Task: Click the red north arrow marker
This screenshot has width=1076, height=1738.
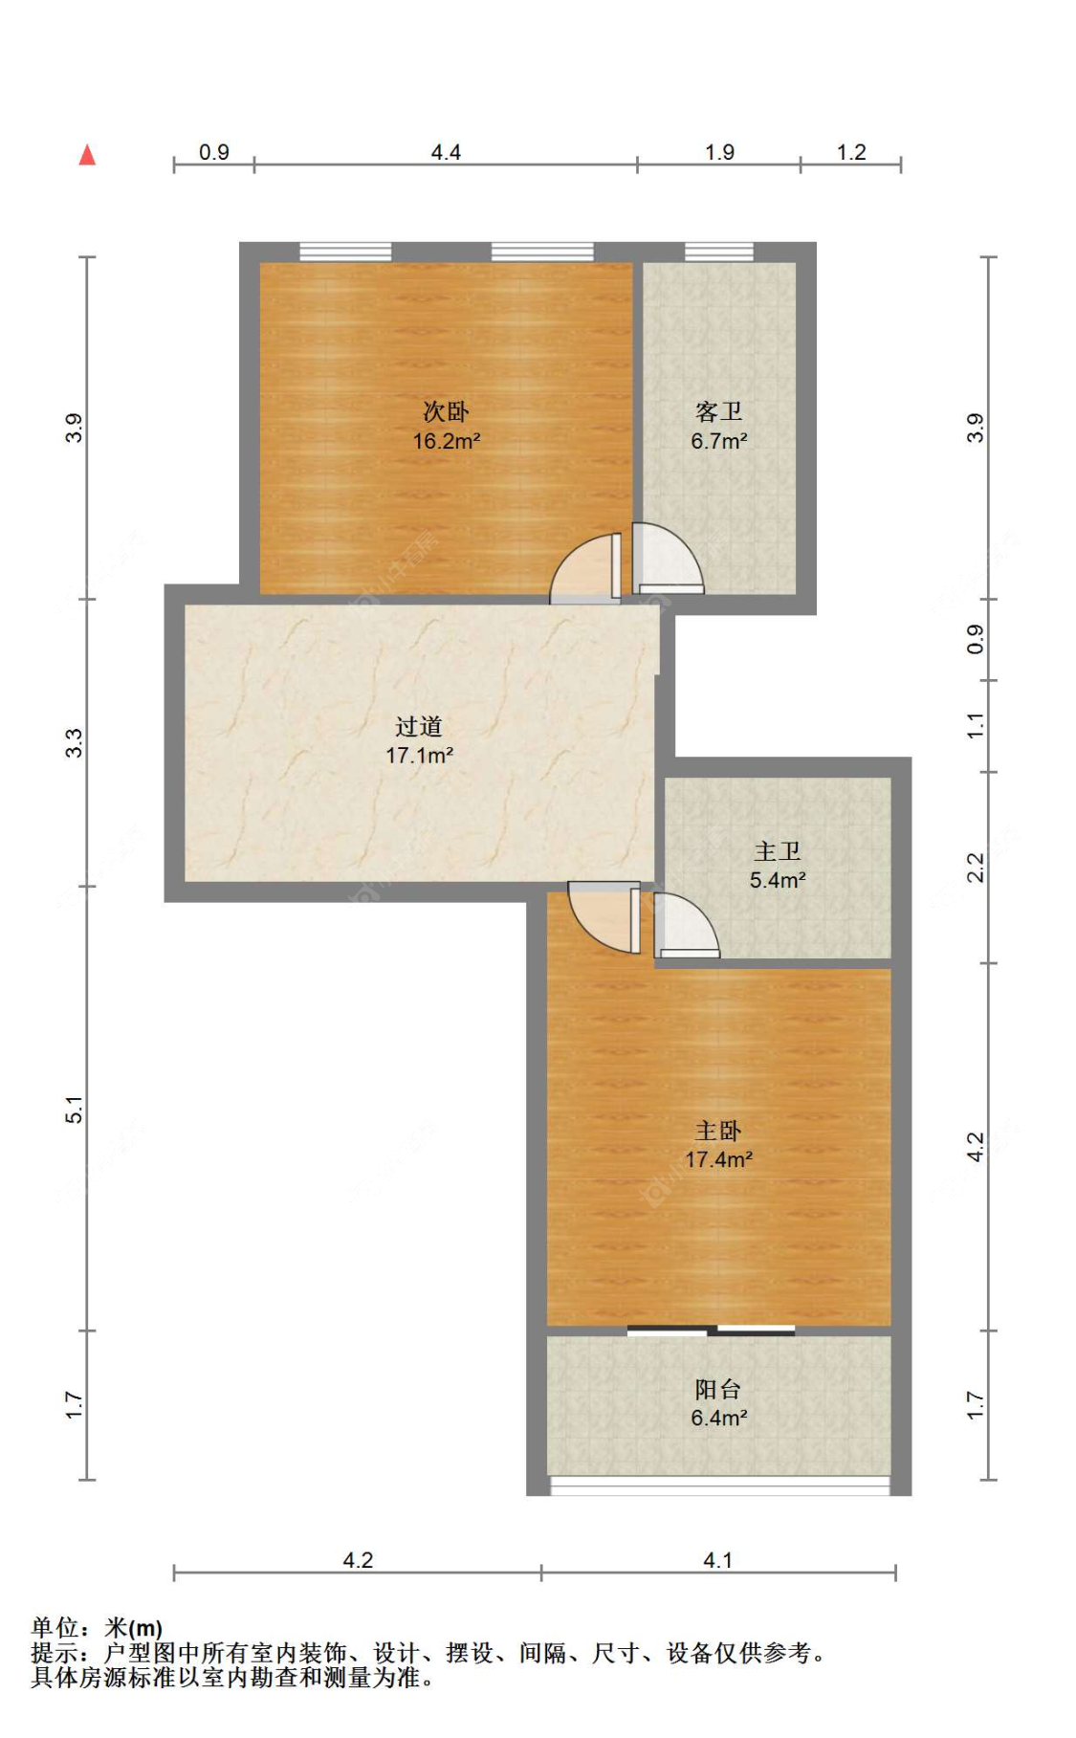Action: point(87,154)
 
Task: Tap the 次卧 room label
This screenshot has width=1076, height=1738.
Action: point(446,412)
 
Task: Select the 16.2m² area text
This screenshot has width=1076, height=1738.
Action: point(446,441)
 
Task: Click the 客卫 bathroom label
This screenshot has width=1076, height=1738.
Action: point(718,412)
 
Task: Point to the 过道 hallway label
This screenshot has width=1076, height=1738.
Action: point(419,727)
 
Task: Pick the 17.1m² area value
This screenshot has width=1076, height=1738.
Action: point(419,756)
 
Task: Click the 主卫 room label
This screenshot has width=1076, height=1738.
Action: point(777,851)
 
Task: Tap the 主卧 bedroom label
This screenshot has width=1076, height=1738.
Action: point(718,1132)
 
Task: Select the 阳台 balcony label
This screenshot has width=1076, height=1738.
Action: point(718,1390)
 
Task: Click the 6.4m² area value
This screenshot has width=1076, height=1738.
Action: point(718,1419)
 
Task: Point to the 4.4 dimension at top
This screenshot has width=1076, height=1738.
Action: point(446,152)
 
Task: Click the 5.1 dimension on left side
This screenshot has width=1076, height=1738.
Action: point(75,1110)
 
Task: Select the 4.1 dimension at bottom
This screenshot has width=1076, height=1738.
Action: point(717,1560)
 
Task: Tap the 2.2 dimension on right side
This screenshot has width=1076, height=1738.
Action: point(975,868)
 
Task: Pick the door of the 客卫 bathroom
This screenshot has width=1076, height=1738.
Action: point(668,559)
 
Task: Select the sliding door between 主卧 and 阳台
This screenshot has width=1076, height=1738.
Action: point(711,1331)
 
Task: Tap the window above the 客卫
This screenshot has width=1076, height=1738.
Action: point(718,252)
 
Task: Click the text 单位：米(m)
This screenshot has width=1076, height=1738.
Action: point(97,1627)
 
